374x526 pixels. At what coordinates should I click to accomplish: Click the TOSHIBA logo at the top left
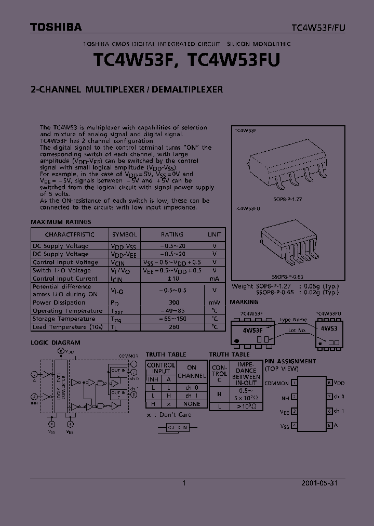56,28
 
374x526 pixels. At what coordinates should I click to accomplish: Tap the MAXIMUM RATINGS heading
61,222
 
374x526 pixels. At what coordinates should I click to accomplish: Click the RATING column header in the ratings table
172,234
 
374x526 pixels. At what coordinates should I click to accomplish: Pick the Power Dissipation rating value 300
174,303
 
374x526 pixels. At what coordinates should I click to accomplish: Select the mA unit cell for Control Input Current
215,279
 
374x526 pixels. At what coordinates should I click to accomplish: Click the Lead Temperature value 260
174,327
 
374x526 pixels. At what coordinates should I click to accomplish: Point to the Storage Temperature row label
64,319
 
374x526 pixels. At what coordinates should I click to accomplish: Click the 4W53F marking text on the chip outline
253,330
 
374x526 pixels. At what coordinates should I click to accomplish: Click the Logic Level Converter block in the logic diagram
61,385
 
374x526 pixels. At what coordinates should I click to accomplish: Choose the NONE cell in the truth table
192,404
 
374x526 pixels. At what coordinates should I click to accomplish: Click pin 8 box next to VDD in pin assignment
329,383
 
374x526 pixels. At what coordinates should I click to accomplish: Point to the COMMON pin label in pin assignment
276,383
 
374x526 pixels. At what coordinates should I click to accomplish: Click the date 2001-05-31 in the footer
319,483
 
